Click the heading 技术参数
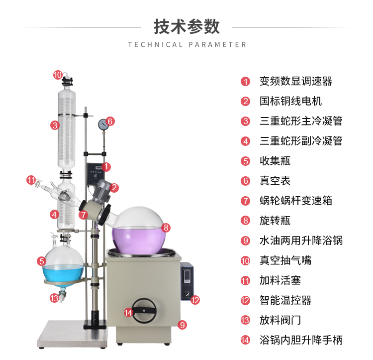tap(186, 26)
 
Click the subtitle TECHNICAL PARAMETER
tap(187, 44)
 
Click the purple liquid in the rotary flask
tap(139, 240)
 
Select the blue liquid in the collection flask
tap(63, 273)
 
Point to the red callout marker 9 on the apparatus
tap(182, 325)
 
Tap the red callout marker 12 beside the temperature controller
tap(195, 300)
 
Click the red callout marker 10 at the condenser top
tap(58, 75)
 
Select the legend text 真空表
tap(275, 181)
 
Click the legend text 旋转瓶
tap(275, 221)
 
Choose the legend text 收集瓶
tap(275, 161)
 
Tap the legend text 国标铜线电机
tap(291, 101)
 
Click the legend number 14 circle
tap(245, 340)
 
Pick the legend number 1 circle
tap(245, 82)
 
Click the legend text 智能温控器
tap(285, 300)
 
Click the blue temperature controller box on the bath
tap(187, 281)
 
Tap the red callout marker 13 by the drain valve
tap(54, 298)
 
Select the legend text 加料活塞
tap(280, 280)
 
